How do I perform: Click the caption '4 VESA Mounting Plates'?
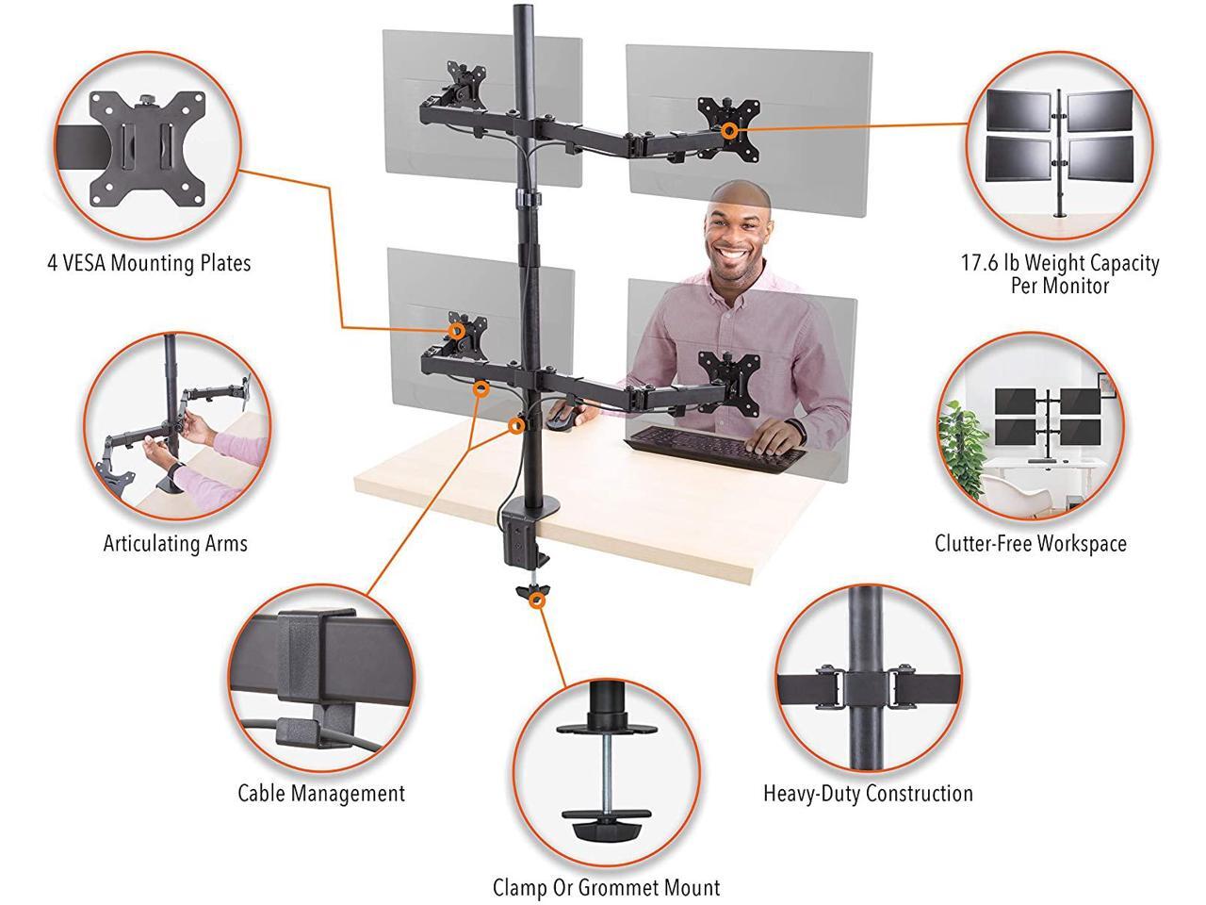click(149, 263)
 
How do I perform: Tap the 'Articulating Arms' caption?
click(175, 543)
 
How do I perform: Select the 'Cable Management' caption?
click(320, 794)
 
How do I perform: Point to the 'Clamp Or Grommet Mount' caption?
click(606, 887)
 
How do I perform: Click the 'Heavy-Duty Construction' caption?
click(868, 794)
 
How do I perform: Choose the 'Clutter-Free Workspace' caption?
click(1030, 543)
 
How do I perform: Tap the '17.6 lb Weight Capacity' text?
click(1059, 263)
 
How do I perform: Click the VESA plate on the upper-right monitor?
click(727, 123)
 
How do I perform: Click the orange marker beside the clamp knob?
click(537, 601)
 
